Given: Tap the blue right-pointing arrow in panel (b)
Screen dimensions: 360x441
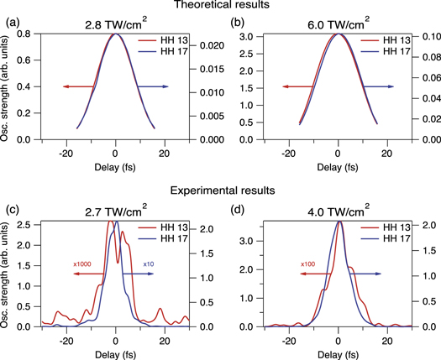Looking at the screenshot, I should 378,86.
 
